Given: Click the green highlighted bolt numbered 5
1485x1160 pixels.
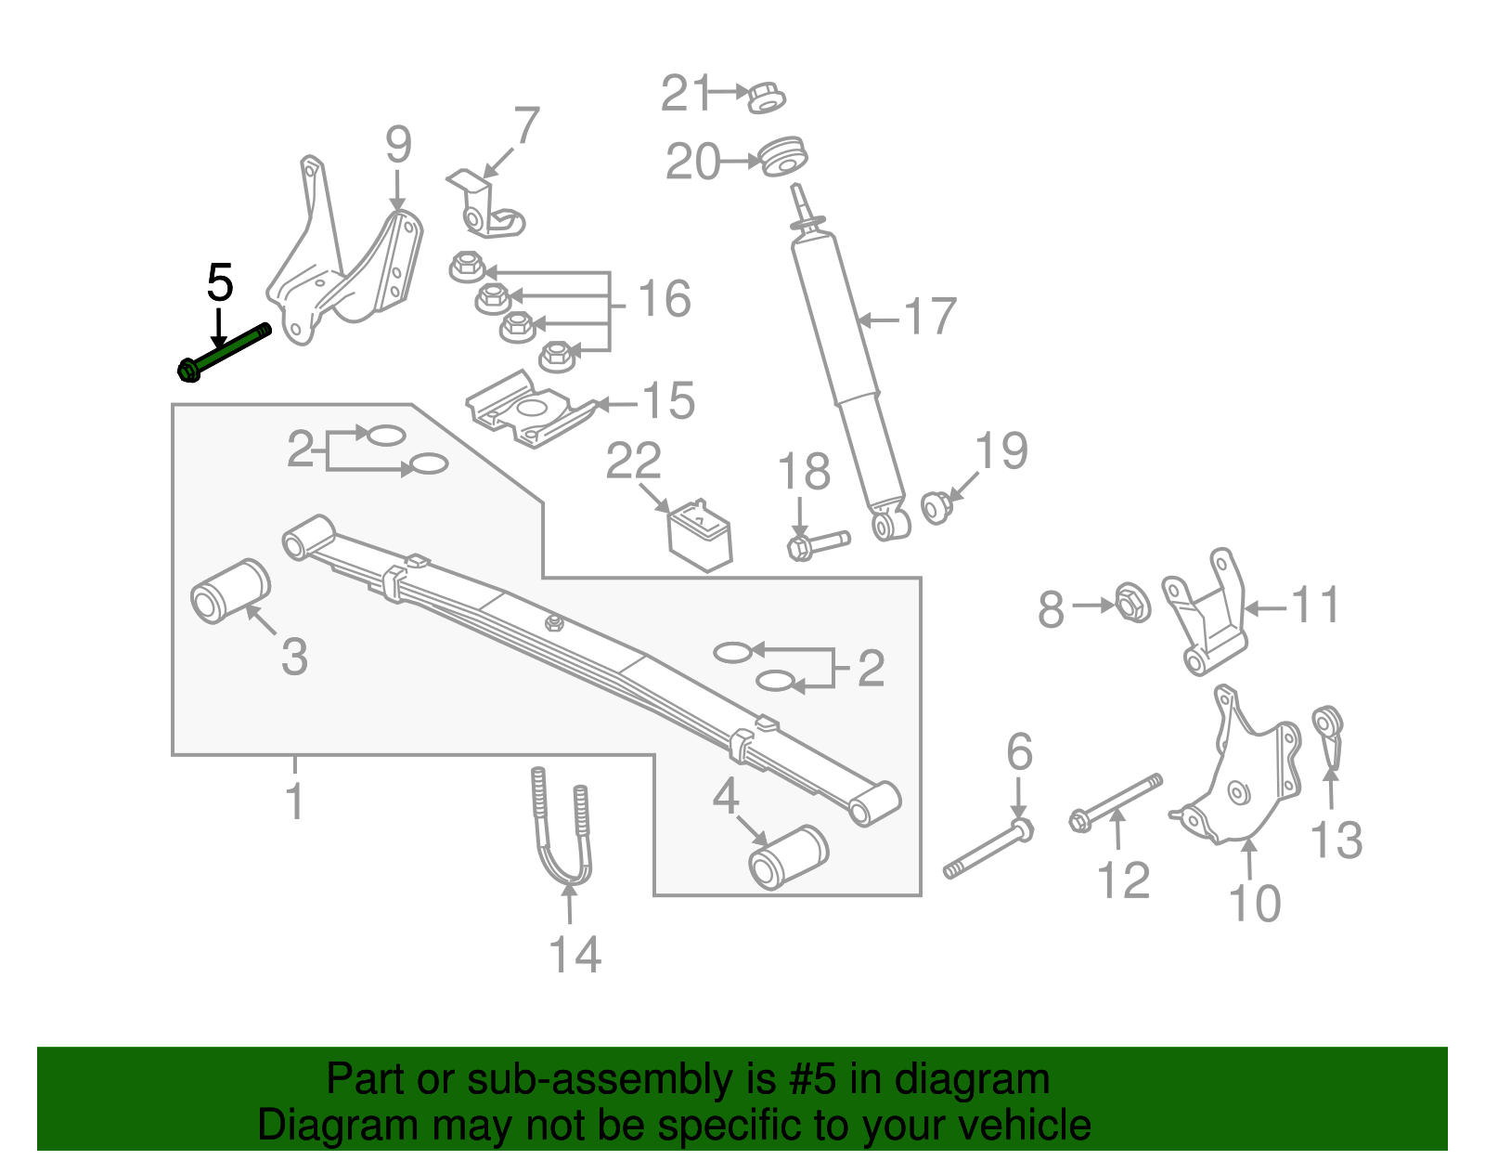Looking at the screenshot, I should click(226, 351).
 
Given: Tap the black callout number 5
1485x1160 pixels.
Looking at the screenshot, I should click(219, 283).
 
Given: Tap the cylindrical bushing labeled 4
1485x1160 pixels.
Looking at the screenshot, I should click(788, 856).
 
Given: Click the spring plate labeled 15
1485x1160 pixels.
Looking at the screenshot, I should click(529, 409).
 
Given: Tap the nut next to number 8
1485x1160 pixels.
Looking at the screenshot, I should click(1131, 603).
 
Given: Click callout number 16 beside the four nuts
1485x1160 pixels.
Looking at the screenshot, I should click(665, 299).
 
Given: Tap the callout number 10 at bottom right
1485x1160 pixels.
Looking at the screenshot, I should click(1254, 903).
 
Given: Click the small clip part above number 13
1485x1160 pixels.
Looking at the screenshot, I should click(1328, 733).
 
